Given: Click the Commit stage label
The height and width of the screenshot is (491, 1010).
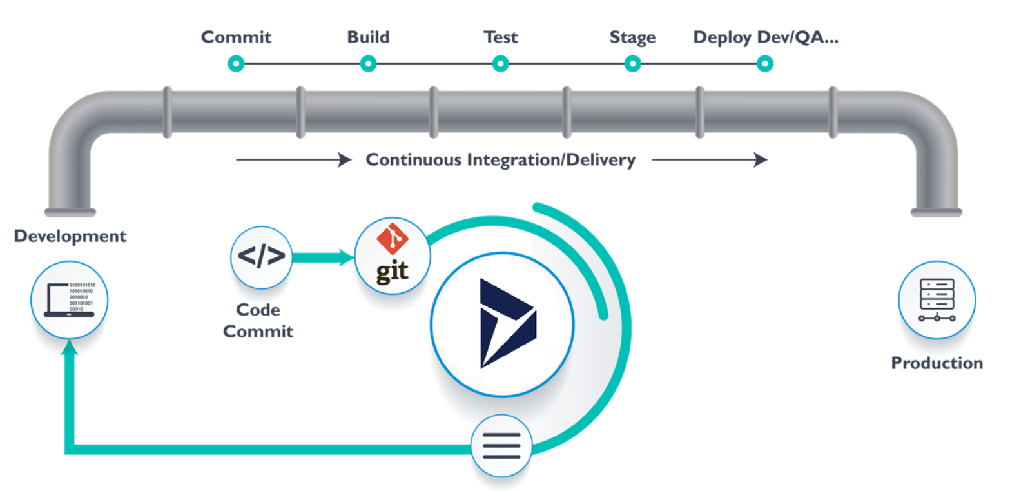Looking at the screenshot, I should [x=236, y=37].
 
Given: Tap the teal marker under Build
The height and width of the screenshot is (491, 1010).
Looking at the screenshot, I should [x=368, y=63].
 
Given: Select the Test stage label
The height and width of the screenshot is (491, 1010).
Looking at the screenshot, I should [x=500, y=37].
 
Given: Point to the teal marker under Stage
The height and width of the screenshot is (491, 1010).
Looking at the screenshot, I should [x=632, y=63].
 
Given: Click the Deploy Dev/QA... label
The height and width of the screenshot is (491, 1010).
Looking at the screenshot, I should [x=766, y=37].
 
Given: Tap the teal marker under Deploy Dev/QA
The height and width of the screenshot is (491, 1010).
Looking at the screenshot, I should [x=764, y=63].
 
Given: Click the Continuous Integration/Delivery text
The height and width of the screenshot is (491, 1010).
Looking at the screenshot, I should [x=501, y=160].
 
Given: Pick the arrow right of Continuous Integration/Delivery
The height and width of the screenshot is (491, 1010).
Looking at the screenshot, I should [x=709, y=160].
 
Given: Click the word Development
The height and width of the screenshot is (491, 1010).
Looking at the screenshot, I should [x=70, y=236].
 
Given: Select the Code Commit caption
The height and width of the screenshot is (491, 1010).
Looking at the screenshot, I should [x=258, y=321].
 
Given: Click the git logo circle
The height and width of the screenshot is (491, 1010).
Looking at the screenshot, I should [x=393, y=256].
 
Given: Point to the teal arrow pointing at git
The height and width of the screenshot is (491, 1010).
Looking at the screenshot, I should [x=322, y=258].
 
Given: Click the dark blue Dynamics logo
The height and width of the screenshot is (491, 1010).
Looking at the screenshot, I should [x=507, y=323].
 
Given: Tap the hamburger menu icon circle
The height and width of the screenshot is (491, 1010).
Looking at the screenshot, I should [x=501, y=445].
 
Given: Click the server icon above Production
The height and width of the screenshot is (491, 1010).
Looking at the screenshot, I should [x=937, y=299].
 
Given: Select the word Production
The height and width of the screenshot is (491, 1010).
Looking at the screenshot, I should [x=937, y=363].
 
